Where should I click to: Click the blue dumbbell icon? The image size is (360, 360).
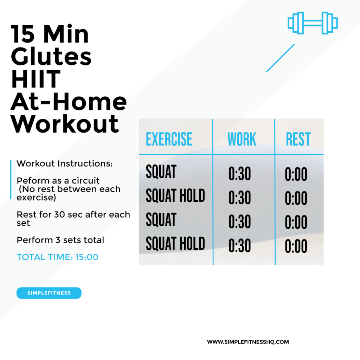313,23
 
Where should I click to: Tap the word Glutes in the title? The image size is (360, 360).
51,57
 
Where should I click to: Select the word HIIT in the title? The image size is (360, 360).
36,79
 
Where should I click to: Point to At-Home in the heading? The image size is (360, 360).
69,101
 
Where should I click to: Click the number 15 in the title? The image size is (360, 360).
22,34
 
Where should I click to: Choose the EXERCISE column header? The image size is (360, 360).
169,139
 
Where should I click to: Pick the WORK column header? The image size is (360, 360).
242,139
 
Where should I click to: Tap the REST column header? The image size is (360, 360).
298,139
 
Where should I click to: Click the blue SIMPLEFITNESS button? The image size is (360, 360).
49,293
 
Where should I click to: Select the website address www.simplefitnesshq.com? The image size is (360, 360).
248,342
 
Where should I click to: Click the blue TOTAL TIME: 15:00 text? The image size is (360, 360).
57,257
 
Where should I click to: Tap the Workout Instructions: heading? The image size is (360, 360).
65,163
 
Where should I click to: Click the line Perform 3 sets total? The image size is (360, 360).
60,240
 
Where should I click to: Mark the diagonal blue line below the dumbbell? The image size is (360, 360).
280,58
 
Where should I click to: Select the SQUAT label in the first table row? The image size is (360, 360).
161,172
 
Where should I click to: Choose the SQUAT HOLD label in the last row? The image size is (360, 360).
175,243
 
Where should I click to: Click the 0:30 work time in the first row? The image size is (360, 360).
239,174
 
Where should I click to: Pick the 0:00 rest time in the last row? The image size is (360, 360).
296,246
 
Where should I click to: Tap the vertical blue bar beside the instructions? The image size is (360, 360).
11,180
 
